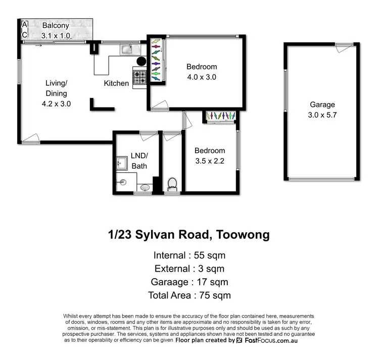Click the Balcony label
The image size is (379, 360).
click(56, 25)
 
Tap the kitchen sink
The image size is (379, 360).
click(126, 49)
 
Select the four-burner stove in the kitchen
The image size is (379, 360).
click(139, 77)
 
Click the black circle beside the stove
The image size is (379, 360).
click(141, 61)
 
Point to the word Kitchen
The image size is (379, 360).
click(116, 83)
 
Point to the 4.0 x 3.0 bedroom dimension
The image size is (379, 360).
click(202, 77)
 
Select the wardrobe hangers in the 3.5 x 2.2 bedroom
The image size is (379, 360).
click(221, 116)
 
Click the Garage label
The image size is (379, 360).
click(322, 105)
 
